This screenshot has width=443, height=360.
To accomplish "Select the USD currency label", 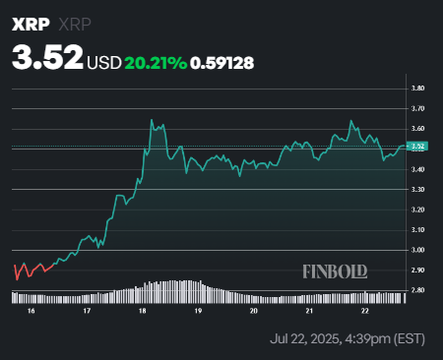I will [104, 62].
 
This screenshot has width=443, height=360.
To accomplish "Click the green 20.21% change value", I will [156, 62].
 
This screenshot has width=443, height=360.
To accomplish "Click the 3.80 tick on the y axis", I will [417, 89].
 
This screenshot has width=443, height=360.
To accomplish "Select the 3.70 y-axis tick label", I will [417, 109].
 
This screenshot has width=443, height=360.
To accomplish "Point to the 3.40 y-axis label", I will [417, 169].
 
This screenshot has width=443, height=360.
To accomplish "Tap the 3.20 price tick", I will [417, 210].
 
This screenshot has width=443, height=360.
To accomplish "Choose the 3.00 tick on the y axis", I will [417, 250].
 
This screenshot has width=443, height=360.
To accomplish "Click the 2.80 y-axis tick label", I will [417, 290].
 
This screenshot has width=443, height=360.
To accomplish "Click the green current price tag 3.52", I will [417, 148].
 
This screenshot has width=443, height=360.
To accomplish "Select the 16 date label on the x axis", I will [32, 310].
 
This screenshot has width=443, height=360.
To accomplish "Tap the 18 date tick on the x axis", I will [143, 310].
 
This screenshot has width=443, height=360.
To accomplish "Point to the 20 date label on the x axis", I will [254, 310].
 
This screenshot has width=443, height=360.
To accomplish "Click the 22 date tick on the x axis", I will [365, 310].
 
